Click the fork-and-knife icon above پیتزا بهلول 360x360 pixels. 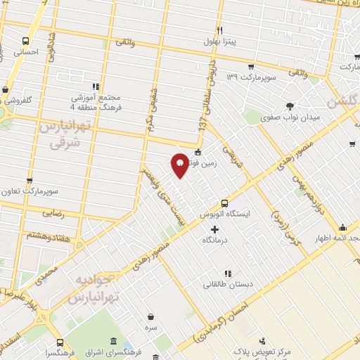click(x=219, y=30)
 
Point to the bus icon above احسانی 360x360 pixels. click(x=26, y=41)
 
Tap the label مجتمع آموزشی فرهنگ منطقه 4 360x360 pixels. click(x=96, y=102)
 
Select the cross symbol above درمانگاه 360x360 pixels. click(x=215, y=229)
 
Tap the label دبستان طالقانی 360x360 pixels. click(x=224, y=285)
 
